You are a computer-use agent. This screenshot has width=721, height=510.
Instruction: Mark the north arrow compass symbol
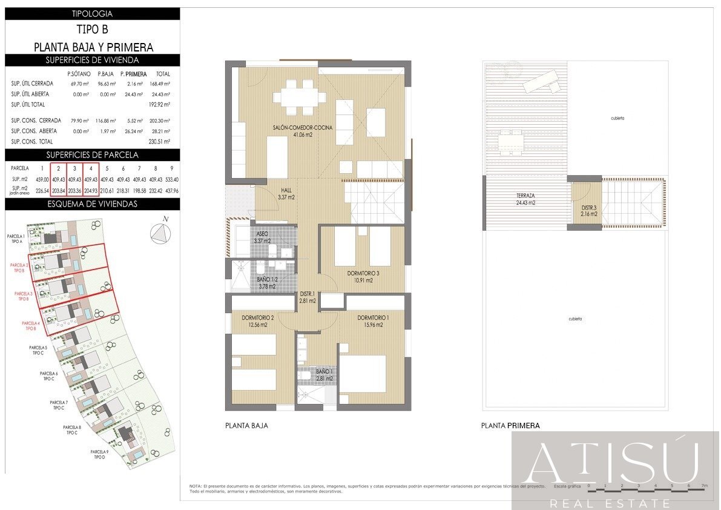(160, 233)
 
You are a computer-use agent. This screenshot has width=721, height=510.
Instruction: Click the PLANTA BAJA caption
(246, 426)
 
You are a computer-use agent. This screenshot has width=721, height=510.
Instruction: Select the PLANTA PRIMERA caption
(510, 426)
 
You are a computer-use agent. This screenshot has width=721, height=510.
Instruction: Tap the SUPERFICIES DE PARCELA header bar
(93, 154)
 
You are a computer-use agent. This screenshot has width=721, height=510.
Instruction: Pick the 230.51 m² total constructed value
(159, 142)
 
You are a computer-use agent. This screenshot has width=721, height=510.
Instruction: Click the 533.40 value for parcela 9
(171, 179)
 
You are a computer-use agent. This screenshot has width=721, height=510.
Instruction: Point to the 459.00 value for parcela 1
(42, 179)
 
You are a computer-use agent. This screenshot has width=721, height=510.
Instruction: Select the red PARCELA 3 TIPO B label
(24, 296)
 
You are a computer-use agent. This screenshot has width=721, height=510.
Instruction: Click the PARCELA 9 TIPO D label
(99, 455)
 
